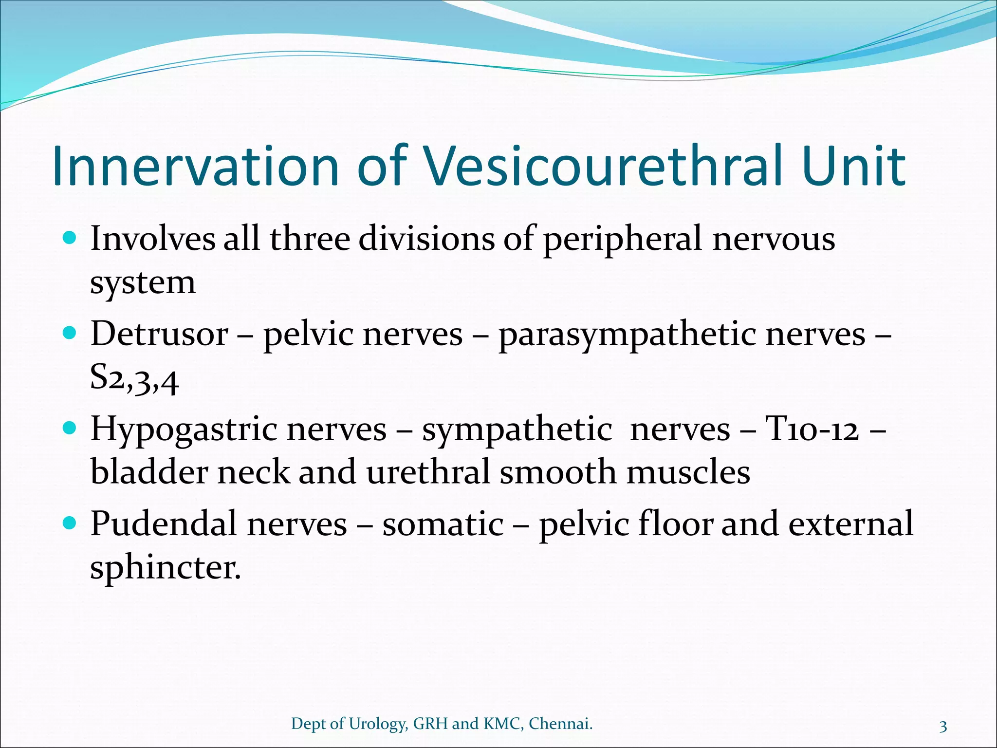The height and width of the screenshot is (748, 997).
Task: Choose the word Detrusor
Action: pos(159,335)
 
